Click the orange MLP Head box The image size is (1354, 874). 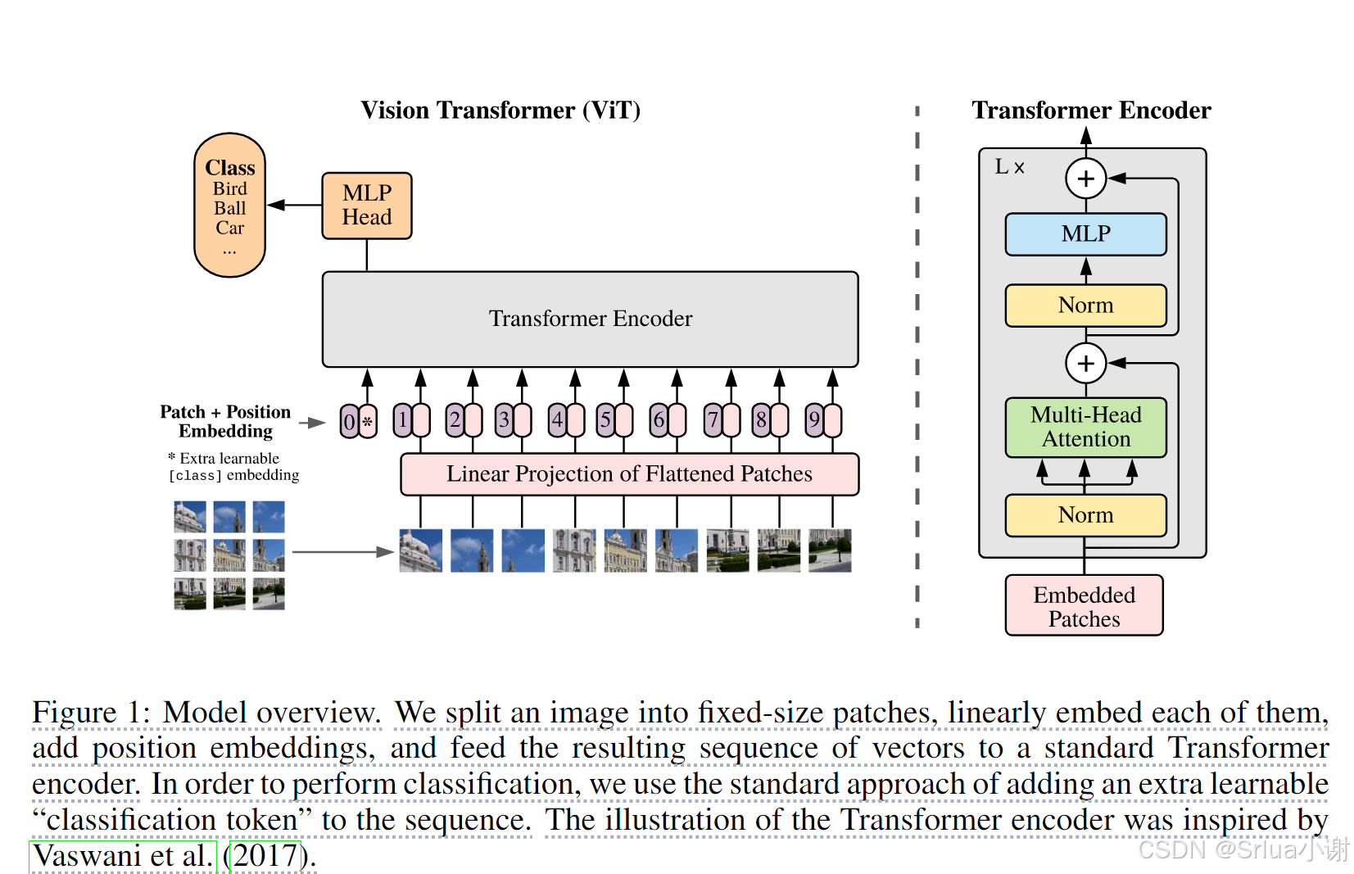click(x=367, y=206)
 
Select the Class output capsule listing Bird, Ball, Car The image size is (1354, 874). click(x=229, y=205)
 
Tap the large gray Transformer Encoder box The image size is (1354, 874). click(x=591, y=319)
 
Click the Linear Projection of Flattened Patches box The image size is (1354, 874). click(x=629, y=474)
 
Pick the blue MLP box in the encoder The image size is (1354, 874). click(x=1085, y=234)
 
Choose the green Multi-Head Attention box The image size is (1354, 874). click(x=1085, y=427)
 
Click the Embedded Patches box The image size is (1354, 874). click(x=1084, y=605)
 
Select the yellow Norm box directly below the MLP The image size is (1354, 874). click(x=1085, y=306)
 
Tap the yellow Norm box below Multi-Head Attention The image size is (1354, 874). click(x=1085, y=515)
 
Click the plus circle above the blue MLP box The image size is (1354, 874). click(x=1085, y=179)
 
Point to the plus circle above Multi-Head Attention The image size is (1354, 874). click(x=1085, y=363)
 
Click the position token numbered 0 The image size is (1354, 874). click(x=350, y=421)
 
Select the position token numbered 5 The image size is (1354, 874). click(x=605, y=420)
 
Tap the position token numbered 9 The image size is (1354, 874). click(x=814, y=420)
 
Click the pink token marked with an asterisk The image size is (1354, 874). click(x=368, y=421)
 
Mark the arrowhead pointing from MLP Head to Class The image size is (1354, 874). click(x=276, y=205)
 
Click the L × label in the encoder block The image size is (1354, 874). click(x=1009, y=167)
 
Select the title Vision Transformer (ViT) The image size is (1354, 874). click(x=500, y=111)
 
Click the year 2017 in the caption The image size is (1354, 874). click(x=266, y=856)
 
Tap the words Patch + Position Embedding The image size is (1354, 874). click(x=225, y=421)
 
